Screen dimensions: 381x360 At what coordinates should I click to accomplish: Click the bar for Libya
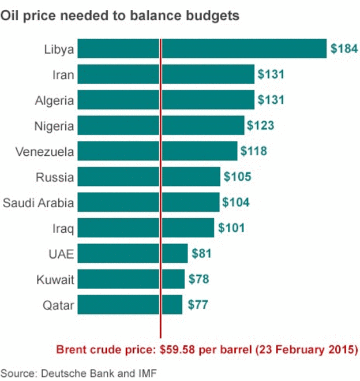(x=202, y=48)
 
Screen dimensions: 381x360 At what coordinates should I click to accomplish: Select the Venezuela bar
(x=157, y=151)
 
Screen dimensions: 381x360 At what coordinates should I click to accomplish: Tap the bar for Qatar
(x=130, y=304)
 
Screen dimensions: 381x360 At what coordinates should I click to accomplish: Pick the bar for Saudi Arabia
(x=148, y=202)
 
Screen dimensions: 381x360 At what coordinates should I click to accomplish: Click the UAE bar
(x=132, y=253)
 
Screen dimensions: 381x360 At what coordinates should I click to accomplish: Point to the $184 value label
(x=344, y=49)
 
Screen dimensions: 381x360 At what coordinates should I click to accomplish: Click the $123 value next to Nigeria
(x=260, y=125)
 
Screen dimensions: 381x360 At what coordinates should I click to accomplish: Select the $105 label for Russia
(x=237, y=177)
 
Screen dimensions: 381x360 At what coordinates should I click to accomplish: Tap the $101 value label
(x=231, y=228)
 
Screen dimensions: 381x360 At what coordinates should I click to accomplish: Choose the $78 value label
(x=198, y=279)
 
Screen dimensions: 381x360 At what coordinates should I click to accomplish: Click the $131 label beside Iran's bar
(x=271, y=74)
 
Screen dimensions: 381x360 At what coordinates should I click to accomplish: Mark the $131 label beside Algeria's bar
(x=271, y=100)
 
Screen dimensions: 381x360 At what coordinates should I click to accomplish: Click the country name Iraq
(x=63, y=229)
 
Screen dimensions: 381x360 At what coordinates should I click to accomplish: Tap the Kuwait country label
(x=56, y=279)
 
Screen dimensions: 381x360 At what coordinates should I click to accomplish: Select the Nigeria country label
(x=55, y=126)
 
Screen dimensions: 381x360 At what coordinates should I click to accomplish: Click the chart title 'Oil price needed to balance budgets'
(x=119, y=16)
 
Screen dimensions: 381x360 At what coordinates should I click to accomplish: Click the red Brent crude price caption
(x=207, y=350)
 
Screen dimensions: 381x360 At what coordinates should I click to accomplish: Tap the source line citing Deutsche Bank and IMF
(x=78, y=372)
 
